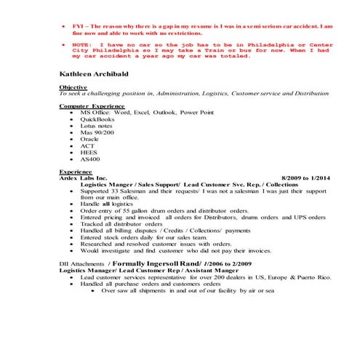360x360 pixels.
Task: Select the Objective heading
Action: point(73,87)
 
